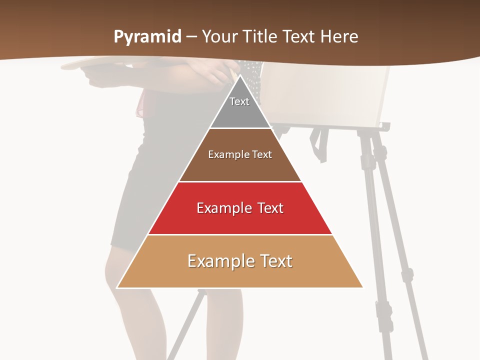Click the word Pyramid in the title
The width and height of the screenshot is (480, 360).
click(x=147, y=37)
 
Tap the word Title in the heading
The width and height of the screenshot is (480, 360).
click(x=260, y=37)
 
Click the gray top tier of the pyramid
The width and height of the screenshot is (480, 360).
click(x=240, y=112)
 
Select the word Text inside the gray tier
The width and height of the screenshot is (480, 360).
click(x=239, y=101)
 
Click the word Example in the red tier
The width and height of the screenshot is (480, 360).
click(x=222, y=208)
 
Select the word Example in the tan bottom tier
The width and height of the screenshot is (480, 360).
click(x=218, y=261)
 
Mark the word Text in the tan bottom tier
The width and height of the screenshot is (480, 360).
click(x=276, y=261)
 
